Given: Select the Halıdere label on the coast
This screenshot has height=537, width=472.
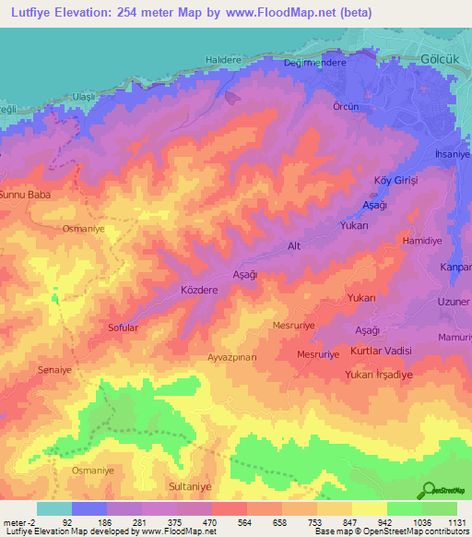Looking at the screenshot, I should (222, 60).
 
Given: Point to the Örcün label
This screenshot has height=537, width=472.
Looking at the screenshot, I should (346, 106).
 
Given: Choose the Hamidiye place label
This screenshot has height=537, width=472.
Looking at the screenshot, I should (421, 240).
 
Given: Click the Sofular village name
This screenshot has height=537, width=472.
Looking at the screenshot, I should (124, 327).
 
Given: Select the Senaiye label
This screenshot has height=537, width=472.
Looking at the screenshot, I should (54, 368).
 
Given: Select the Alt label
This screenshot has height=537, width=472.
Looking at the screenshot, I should (295, 246).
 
